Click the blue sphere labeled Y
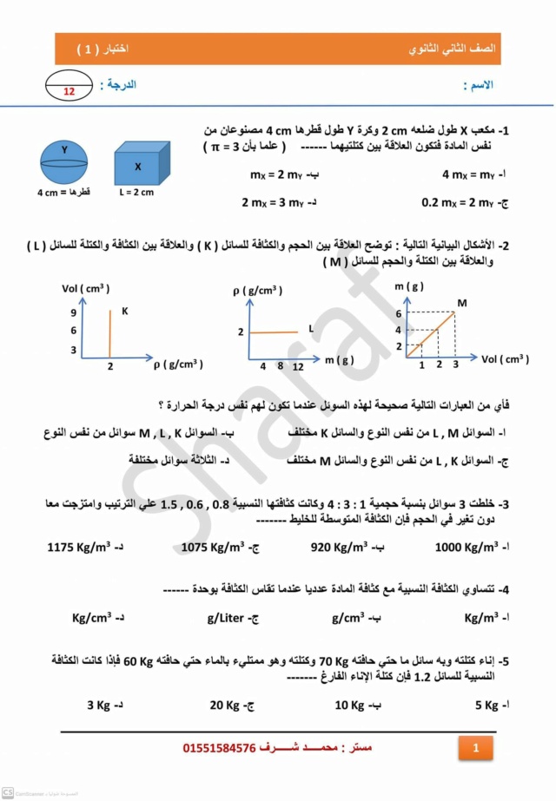click(63, 161)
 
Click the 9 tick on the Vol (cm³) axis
click(75, 312)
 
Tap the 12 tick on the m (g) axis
click(298, 367)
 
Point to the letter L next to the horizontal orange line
click(310, 328)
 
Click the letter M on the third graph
click(462, 303)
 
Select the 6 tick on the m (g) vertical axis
click(400, 313)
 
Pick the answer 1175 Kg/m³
click(87, 547)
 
